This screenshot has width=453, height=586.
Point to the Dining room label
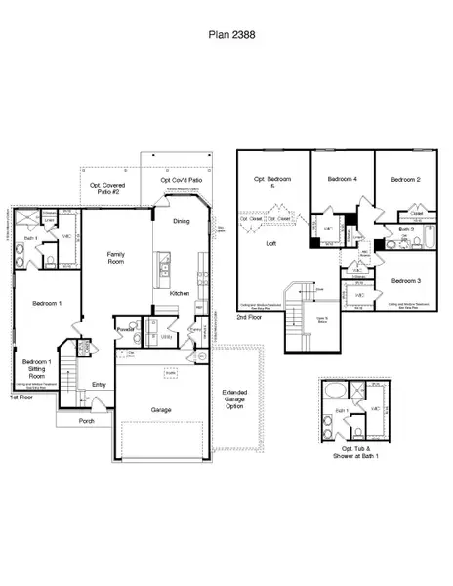(182, 221)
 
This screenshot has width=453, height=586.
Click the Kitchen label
(180, 293)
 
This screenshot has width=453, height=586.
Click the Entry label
(99, 385)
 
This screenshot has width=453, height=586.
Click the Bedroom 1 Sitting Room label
(38, 367)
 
